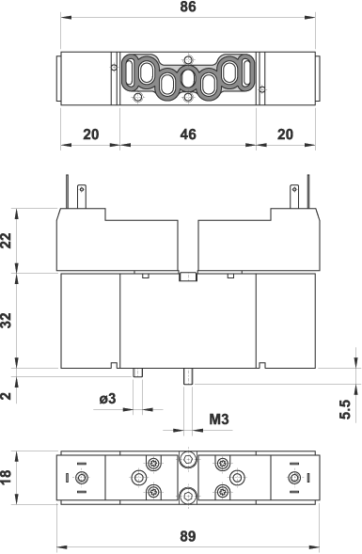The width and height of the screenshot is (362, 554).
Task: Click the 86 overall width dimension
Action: [187, 7]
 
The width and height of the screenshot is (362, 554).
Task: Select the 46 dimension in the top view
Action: [187, 135]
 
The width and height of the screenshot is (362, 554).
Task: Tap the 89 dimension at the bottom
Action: [187, 536]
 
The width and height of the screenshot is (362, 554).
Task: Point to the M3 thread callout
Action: [219, 419]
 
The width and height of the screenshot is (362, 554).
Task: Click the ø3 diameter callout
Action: [108, 399]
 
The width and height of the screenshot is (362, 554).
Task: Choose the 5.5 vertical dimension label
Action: [345, 409]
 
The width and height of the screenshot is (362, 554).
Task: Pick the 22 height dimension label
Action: [7, 240]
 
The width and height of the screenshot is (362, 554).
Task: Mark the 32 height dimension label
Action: [7, 321]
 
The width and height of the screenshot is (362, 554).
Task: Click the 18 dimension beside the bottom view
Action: [7, 477]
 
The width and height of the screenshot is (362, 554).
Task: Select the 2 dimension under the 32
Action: [7, 395]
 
